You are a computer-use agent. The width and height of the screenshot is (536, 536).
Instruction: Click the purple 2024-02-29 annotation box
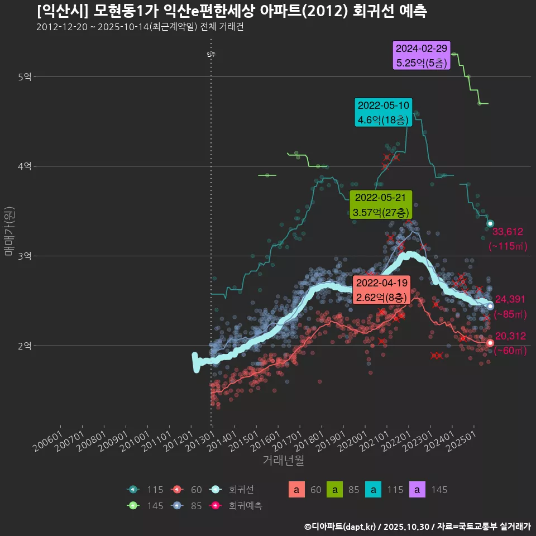(422, 55)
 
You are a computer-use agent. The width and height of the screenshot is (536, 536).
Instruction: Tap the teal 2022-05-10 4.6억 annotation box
(383, 112)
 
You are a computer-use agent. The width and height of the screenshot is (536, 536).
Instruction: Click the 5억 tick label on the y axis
(25, 76)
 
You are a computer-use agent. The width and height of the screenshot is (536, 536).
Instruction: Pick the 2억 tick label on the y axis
(25, 346)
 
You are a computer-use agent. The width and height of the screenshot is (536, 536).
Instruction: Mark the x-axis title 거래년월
(283, 461)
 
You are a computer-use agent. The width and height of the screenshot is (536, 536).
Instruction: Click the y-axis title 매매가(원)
(9, 231)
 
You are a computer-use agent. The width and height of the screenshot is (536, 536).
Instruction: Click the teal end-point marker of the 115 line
(490, 224)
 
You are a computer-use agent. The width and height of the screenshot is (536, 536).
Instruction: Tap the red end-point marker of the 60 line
(490, 343)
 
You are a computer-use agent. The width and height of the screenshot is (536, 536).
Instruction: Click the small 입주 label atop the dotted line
(211, 55)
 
